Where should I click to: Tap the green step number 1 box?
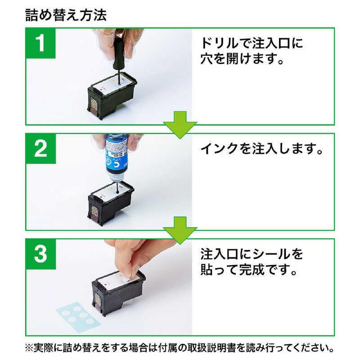(40, 45)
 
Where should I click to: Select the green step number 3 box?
(40, 255)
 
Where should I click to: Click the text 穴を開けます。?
(243, 59)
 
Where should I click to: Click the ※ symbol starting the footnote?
(31, 348)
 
